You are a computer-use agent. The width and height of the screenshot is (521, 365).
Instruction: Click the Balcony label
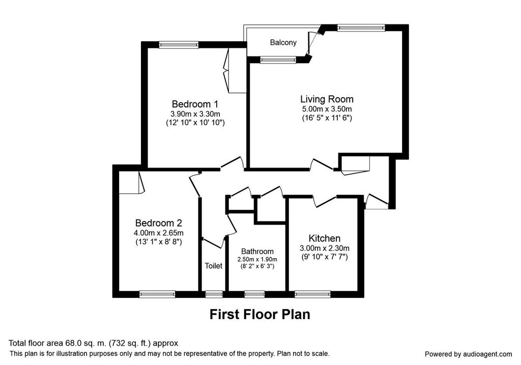283,43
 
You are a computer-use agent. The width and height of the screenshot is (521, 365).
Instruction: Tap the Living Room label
327,99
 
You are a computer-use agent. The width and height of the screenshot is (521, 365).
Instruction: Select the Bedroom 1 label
195,104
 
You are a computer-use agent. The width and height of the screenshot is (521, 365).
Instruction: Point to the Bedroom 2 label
159,223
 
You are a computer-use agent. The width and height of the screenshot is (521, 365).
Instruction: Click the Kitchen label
324,238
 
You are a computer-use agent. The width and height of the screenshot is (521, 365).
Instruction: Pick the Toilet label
213,266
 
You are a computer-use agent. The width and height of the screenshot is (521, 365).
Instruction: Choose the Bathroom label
257,251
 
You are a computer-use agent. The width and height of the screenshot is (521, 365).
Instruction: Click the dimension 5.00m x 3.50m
327,109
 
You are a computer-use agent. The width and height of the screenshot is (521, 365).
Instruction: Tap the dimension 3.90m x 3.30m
195,114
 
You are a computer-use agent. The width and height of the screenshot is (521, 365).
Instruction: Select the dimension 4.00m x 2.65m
159,233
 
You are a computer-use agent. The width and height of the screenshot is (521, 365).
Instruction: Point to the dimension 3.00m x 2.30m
324,248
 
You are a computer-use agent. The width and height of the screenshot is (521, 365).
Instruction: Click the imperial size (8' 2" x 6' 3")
257,266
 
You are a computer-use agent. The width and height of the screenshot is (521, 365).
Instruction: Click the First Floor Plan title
260,314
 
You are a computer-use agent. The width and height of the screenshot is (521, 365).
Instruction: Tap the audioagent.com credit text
469,354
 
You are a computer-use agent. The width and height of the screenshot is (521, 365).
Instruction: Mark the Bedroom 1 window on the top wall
179,45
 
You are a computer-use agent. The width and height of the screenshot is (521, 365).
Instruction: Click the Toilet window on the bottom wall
214,294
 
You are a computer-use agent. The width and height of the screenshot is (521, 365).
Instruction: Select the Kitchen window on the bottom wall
312,294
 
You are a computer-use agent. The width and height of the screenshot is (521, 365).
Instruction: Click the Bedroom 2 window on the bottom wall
157,294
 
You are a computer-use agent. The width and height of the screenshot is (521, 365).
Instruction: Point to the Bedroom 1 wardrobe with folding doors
236,71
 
